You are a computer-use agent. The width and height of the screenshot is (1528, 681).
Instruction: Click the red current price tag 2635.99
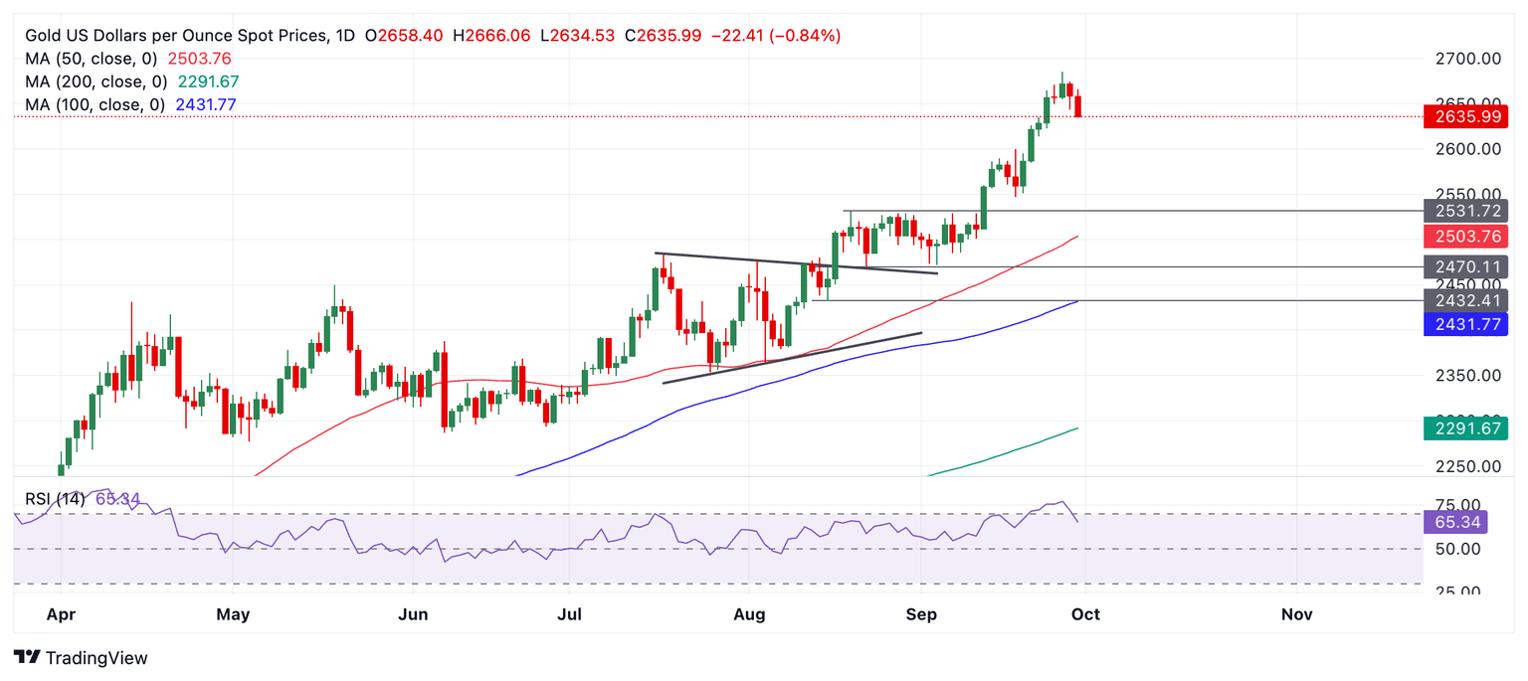tap(1465, 116)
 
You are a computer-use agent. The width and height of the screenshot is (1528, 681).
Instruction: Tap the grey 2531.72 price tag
tap(1465, 211)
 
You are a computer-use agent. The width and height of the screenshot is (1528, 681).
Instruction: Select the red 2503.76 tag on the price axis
tap(1465, 237)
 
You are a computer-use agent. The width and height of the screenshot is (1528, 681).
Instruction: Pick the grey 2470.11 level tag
tap(1465, 266)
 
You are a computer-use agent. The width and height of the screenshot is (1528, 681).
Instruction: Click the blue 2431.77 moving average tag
tap(1465, 323)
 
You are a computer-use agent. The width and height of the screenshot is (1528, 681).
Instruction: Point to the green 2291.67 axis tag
tap(1465, 428)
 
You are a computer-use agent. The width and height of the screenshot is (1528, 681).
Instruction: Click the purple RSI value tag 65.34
tap(1465, 522)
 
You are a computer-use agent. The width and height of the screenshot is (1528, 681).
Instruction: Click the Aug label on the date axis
tap(749, 614)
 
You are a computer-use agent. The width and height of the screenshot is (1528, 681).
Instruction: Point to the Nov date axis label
tap(1297, 614)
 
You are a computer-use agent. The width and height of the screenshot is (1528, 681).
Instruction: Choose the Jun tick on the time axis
tap(413, 614)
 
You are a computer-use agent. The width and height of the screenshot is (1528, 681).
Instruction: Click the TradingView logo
tap(82, 658)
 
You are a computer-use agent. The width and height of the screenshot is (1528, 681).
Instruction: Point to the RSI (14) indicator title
tap(56, 498)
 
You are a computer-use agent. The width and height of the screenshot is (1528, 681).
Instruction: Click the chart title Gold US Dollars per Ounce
tap(175, 36)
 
